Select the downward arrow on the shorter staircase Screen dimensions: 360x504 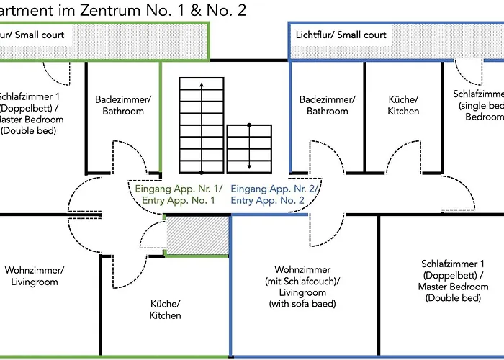pos(249,162)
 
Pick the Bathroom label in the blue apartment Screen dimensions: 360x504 pos(328,112)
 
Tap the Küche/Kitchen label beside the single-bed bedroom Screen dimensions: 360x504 pos(403,105)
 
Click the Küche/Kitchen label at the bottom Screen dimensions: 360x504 pos(166,310)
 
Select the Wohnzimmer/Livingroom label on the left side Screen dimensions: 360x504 pos(34,276)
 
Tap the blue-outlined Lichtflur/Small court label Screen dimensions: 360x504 pos(341,35)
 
